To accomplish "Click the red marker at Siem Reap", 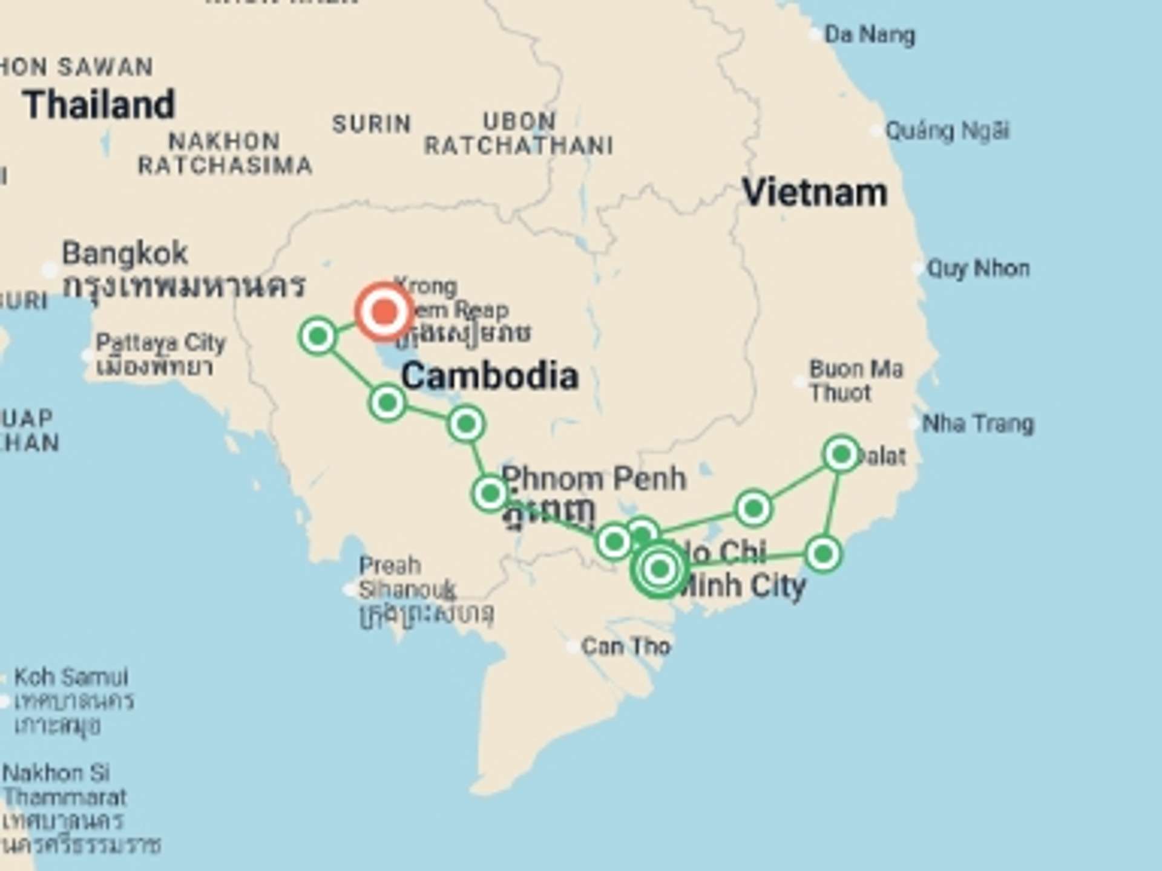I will tap(384, 312).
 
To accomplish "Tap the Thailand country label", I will tap(99, 105).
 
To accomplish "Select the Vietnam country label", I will tap(814, 193).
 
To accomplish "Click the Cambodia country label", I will tap(489, 376).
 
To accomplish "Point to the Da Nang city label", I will tap(869, 35).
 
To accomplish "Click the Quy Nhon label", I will tap(978, 268).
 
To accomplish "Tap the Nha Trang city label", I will tap(977, 423).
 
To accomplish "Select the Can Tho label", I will tap(626, 647).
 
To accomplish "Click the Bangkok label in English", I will tap(125, 253).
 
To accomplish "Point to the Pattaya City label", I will tap(160, 343).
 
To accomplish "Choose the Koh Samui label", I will tap(71, 677).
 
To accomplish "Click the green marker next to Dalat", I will tap(841, 454).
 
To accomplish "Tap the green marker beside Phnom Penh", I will tap(490, 494).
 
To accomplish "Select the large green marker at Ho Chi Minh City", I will tap(660, 569).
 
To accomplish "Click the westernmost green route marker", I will tap(318, 335).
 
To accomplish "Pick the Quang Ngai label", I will tap(947, 131).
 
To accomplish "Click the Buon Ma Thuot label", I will tap(856, 381).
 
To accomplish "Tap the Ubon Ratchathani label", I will tap(519, 134).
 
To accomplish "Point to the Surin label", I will tap(372, 124).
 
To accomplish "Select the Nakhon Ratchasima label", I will tap(225, 153).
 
